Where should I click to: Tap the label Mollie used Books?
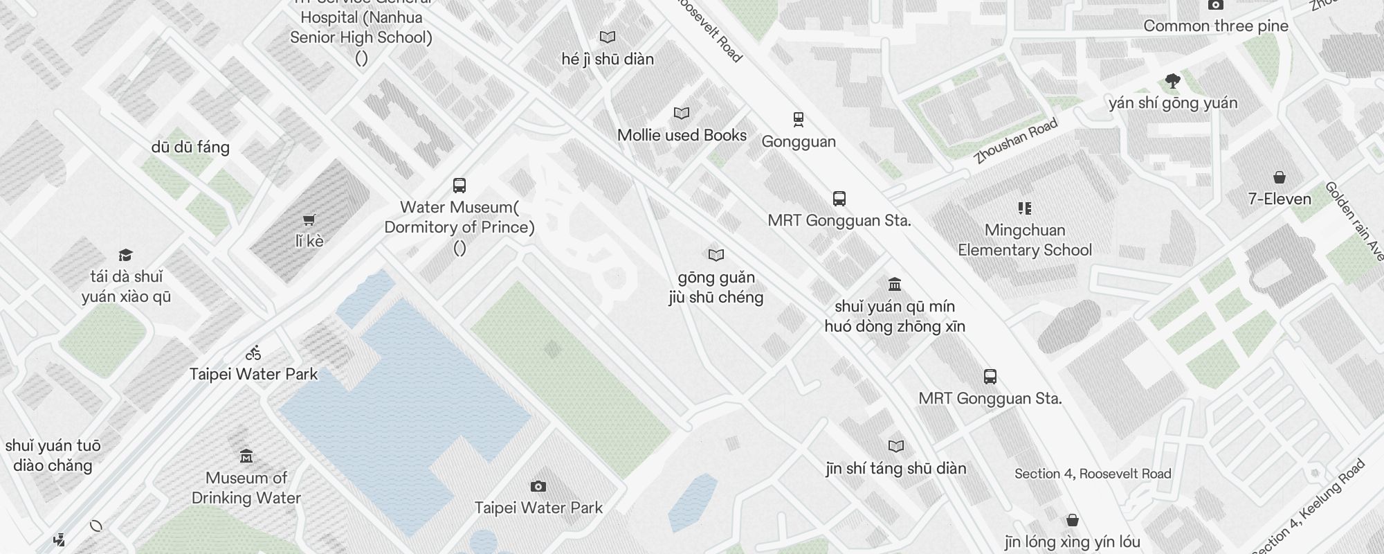(x=682, y=135)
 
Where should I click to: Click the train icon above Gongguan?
(x=799, y=120)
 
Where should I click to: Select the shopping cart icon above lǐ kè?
(x=309, y=220)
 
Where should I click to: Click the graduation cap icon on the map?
(x=125, y=256)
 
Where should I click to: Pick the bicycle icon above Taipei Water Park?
(x=253, y=353)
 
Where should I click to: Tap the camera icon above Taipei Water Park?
(x=538, y=487)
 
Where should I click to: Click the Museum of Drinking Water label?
(x=246, y=488)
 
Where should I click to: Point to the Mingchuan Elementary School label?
(x=1025, y=240)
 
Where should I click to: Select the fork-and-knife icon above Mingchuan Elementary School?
(x=1025, y=208)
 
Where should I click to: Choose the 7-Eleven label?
(x=1280, y=199)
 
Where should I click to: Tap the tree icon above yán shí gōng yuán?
(x=1172, y=82)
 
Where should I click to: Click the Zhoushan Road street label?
(x=1015, y=141)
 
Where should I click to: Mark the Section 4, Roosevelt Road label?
(x=1093, y=474)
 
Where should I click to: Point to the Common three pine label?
(x=1216, y=26)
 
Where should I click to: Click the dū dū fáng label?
(x=190, y=147)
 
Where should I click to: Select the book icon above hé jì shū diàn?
(x=608, y=37)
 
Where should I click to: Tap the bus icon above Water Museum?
(x=459, y=186)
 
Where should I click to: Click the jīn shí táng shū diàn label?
(x=896, y=468)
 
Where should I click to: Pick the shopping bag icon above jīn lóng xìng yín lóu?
(x=1072, y=520)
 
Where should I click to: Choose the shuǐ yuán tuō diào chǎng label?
(x=53, y=455)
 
